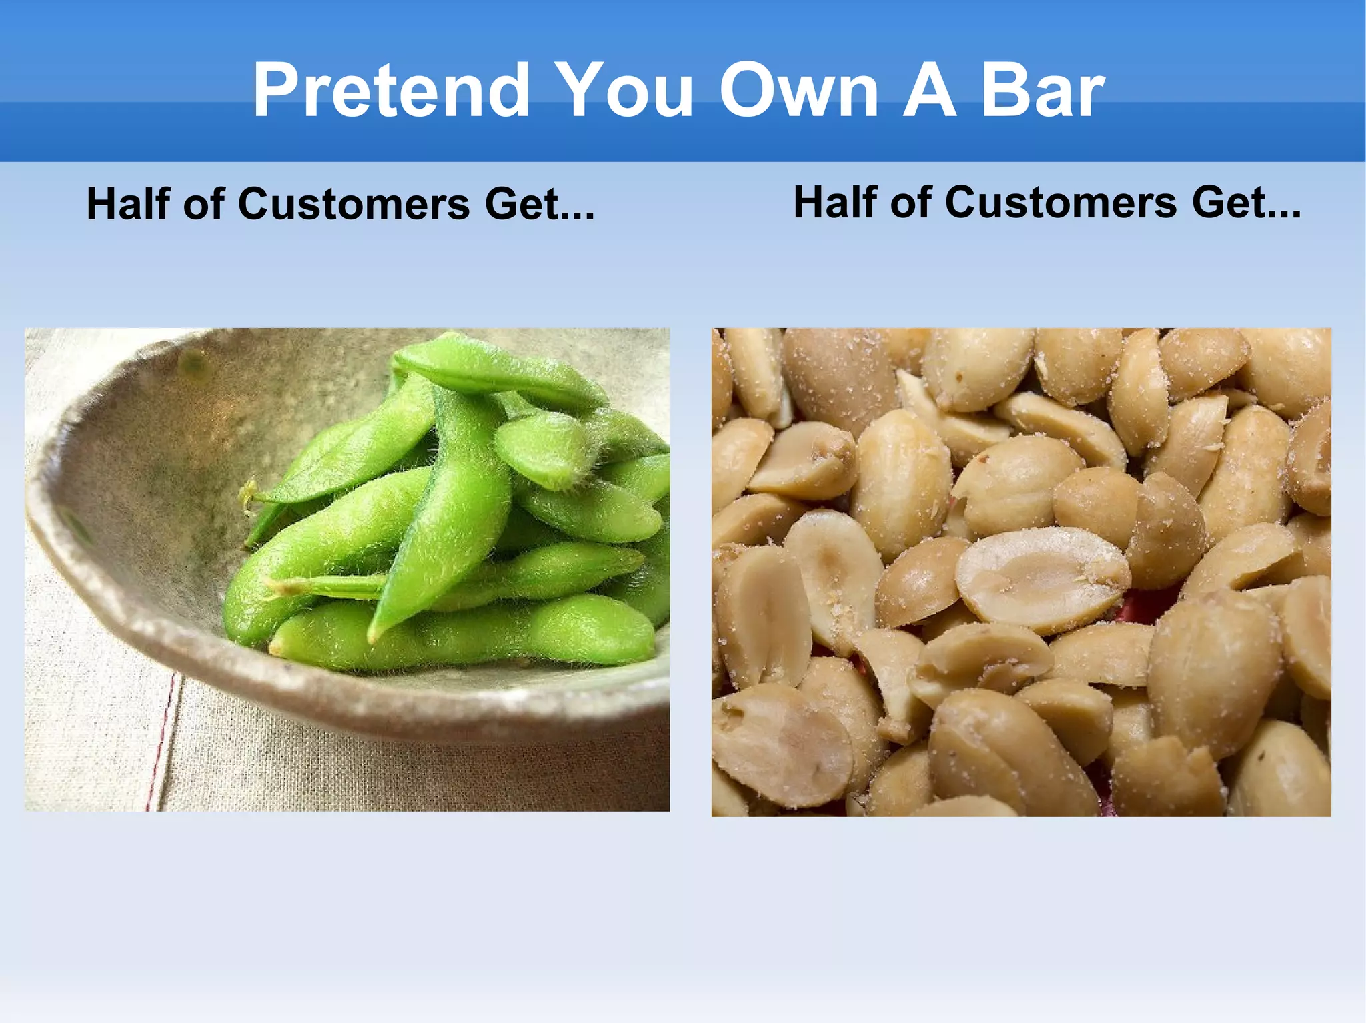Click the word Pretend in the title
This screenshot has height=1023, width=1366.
click(391, 90)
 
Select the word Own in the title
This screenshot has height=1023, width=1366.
click(798, 90)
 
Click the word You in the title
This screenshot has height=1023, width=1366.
click(624, 90)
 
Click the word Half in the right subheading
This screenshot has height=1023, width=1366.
click(835, 202)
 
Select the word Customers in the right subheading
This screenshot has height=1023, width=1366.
click(1061, 202)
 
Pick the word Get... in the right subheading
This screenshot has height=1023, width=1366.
click(1246, 202)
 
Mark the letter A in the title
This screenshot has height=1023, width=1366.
click(929, 90)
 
